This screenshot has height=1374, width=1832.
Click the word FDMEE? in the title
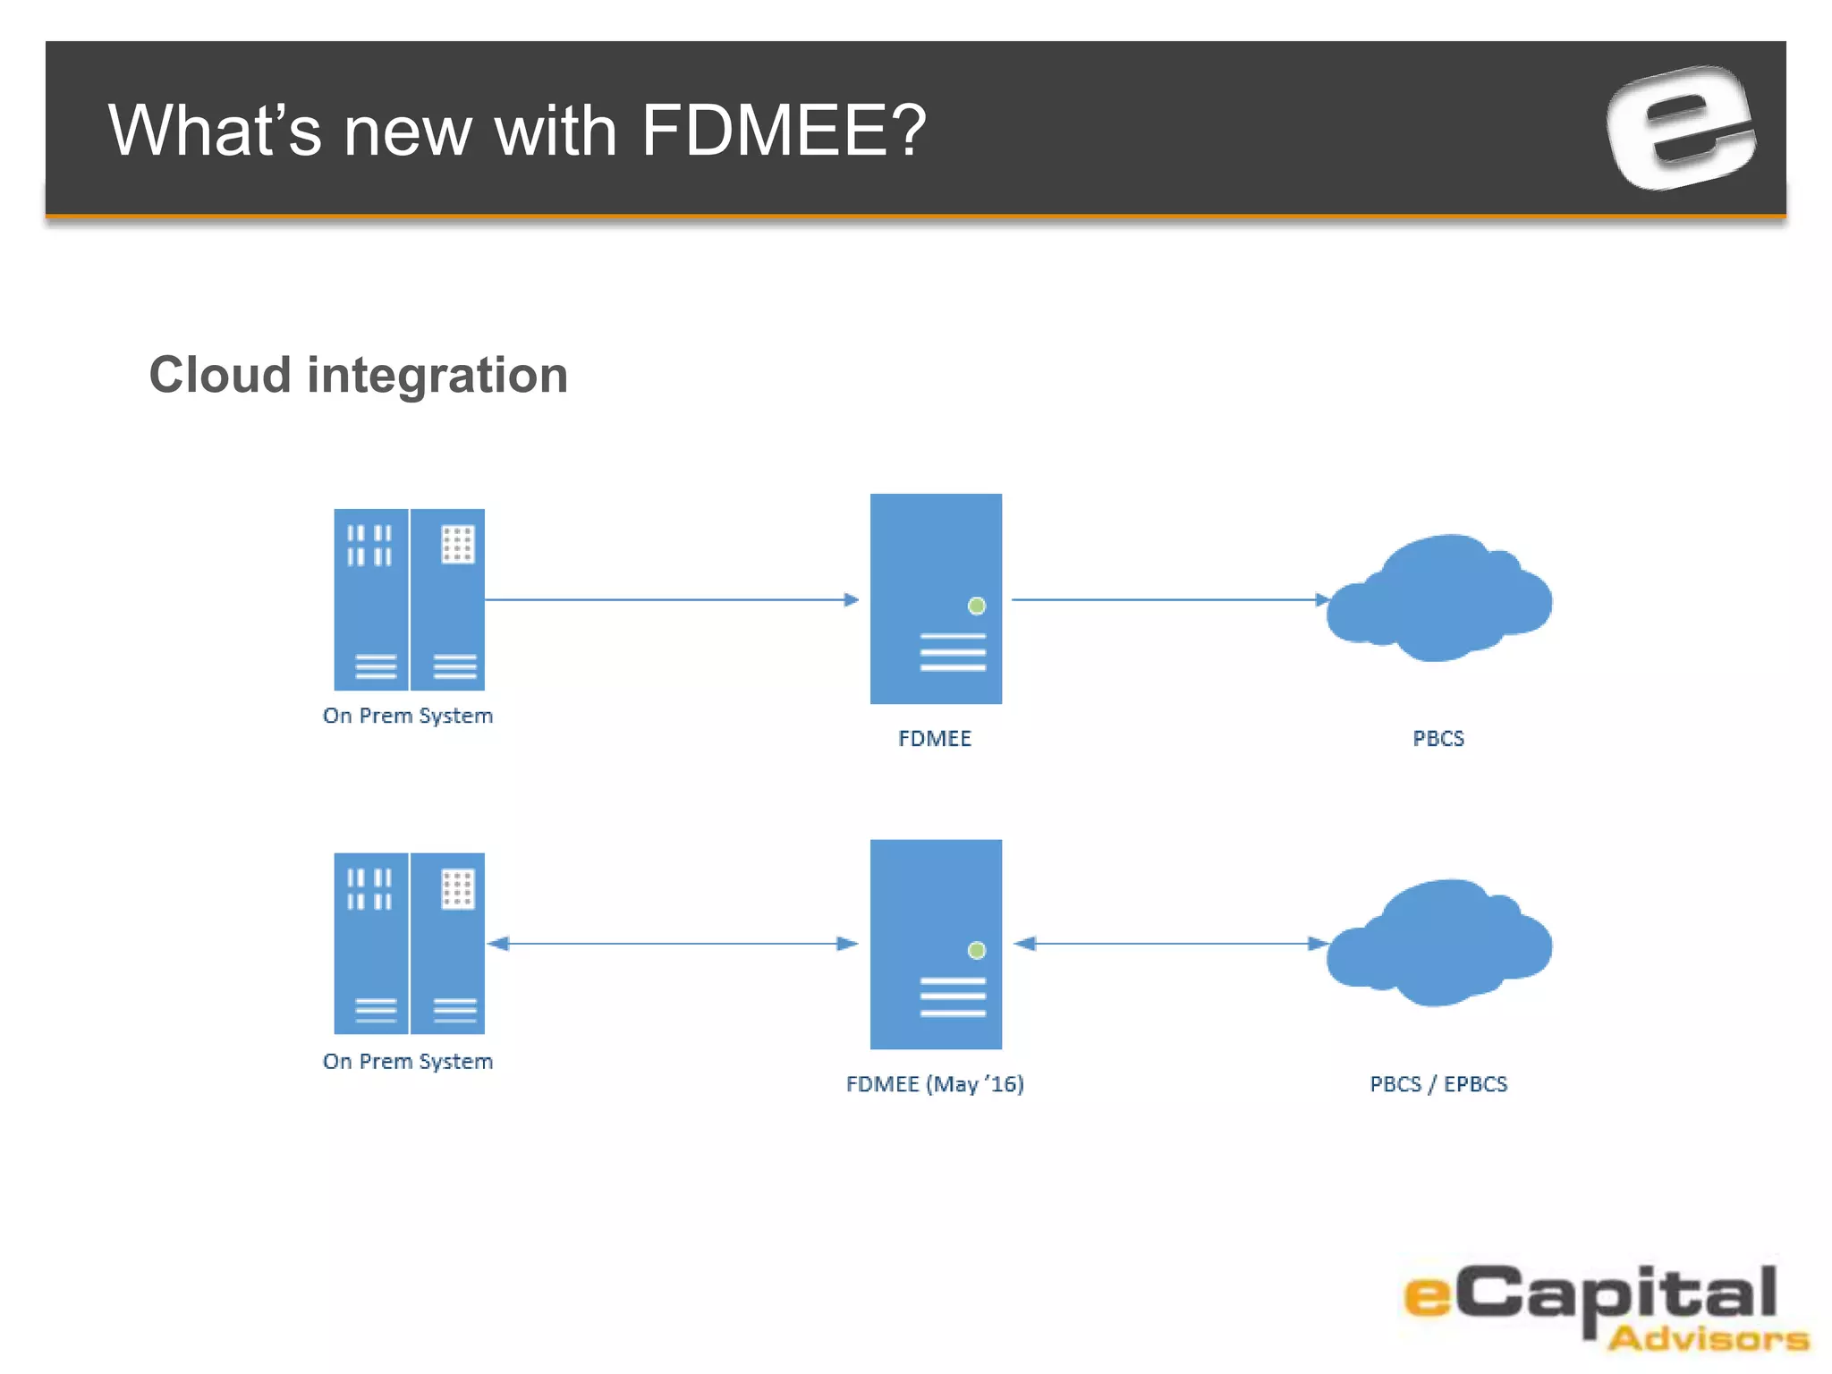784,131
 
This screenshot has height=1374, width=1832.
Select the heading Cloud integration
358,375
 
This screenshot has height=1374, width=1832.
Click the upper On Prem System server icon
409,599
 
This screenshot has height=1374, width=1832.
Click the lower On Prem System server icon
409,943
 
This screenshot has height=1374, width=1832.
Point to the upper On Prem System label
408,716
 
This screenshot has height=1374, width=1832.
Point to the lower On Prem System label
408,1061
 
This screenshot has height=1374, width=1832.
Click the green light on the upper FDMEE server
977,606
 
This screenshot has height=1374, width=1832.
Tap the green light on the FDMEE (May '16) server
977,950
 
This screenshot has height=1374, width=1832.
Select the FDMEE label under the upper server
935,739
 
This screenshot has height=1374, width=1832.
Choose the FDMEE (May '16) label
935,1084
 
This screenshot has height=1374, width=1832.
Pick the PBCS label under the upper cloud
1438,739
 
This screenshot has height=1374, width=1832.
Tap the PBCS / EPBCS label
1438,1084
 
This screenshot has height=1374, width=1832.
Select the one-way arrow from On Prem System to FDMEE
671,599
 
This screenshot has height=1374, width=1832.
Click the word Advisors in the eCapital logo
1708,1339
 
